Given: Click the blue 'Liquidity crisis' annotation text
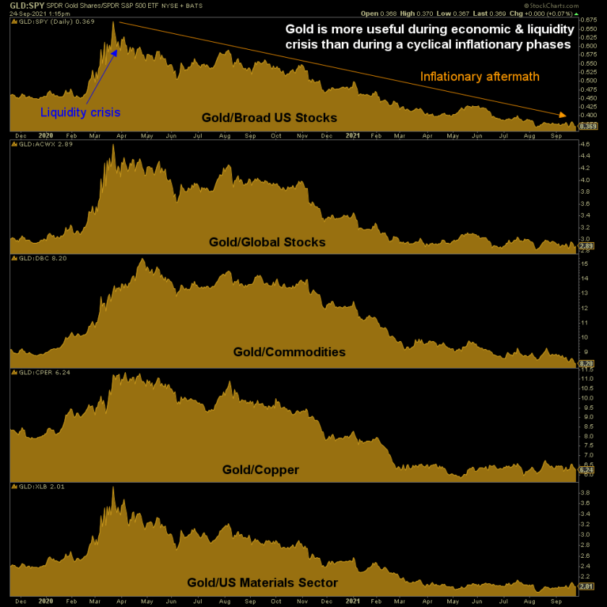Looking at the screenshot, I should point(80,112).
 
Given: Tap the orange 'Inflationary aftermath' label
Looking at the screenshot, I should point(480,77).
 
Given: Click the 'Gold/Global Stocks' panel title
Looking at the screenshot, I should point(267,242).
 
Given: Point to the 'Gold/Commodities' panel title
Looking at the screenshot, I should point(289,352).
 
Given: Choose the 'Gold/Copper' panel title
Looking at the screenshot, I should point(261,470).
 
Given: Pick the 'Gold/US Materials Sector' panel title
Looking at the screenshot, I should point(262,582).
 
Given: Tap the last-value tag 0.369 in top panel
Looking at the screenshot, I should point(587,126).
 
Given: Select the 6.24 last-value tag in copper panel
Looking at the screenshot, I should point(586,469).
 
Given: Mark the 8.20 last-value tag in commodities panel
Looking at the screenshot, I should point(586,363).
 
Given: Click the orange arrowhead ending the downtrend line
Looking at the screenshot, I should point(561,114).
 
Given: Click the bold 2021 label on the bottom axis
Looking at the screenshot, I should point(353,600).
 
